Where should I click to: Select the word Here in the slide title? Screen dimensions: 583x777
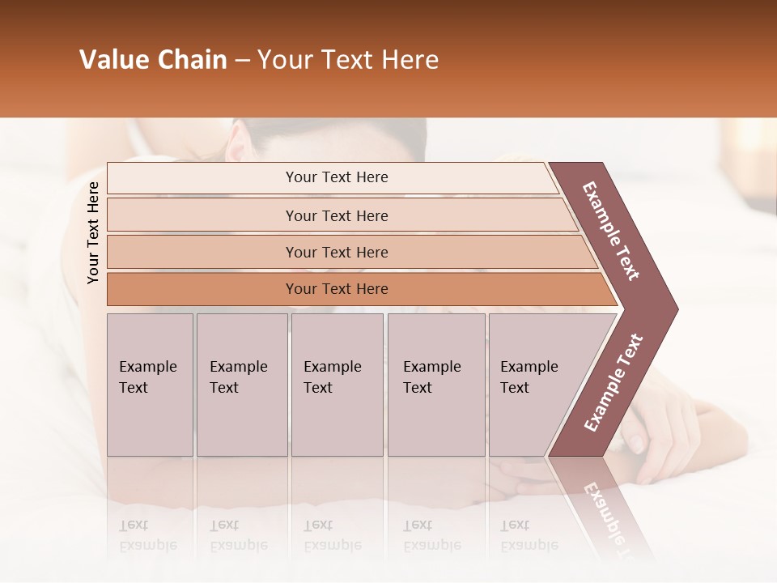(x=410, y=60)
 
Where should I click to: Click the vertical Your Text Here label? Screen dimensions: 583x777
(x=93, y=232)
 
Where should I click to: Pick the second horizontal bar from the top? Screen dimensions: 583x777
(x=337, y=215)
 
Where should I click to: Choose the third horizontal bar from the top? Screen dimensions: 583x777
(x=337, y=252)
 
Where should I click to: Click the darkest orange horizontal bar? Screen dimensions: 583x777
(x=337, y=289)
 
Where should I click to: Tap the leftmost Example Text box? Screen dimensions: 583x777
(x=150, y=384)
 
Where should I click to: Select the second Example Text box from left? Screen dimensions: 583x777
(x=241, y=384)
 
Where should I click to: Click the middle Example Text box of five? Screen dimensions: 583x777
(x=337, y=384)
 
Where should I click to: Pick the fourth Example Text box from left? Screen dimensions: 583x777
(x=437, y=384)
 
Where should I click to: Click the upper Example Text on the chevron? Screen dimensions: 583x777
(x=611, y=231)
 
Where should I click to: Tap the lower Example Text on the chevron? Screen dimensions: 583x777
(x=613, y=383)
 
